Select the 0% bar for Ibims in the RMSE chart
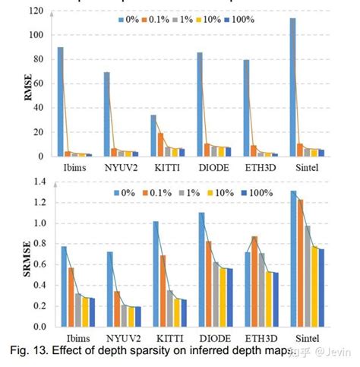point(61,102)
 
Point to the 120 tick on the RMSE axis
point(40,11)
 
